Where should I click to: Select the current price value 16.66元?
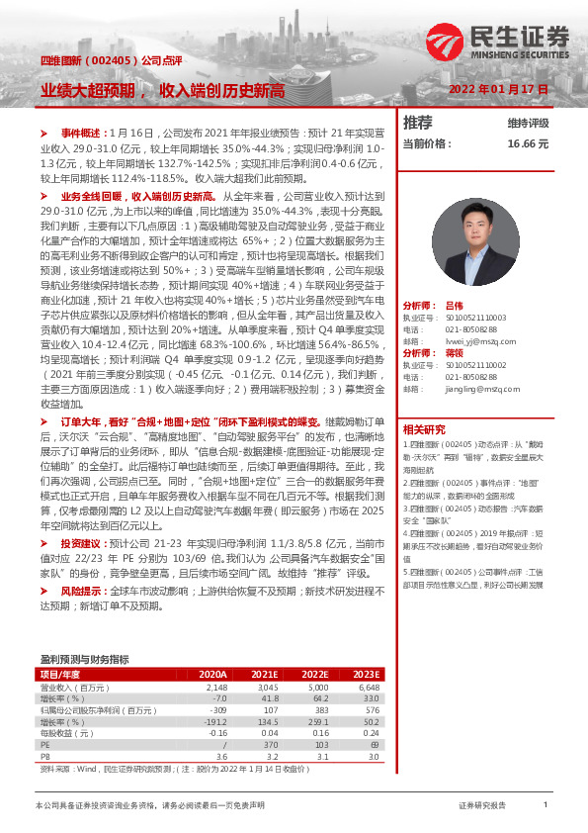[x=528, y=143]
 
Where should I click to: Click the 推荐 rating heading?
[x=419, y=123]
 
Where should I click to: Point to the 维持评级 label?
[x=529, y=124]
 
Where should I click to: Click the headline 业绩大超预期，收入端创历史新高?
[x=162, y=90]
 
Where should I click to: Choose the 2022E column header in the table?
[x=315, y=674]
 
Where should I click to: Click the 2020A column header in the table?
[x=212, y=674]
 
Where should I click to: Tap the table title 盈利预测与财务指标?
[x=84, y=659]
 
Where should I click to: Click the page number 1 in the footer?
[x=545, y=806]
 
